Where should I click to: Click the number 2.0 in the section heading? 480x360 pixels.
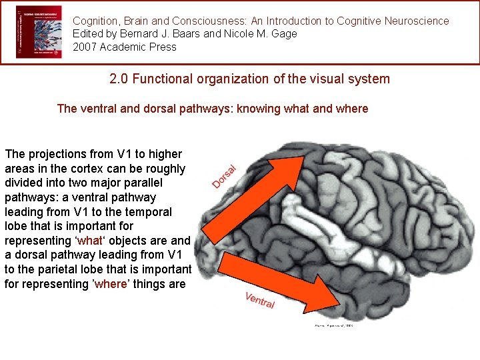119,79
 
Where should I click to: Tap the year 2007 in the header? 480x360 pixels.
85,47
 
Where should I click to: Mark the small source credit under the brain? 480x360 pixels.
333,326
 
